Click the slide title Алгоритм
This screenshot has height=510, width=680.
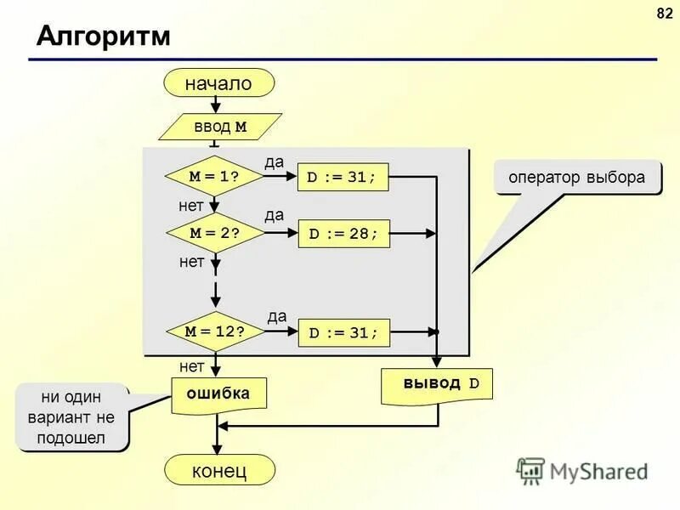click(104, 37)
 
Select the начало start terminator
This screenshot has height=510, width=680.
click(220, 83)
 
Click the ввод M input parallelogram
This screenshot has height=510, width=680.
click(220, 127)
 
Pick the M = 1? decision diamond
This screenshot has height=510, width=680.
click(214, 177)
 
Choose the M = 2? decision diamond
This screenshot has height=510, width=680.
click(214, 233)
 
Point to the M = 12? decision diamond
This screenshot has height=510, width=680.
click(214, 332)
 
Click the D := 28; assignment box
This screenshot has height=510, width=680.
click(343, 233)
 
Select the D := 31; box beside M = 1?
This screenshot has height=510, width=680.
click(342, 177)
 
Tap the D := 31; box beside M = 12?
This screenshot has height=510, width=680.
click(343, 332)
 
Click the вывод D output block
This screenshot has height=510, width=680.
click(437, 383)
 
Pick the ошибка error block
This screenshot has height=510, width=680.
click(218, 394)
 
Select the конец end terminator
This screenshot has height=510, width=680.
click(219, 470)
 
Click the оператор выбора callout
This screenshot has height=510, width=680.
click(577, 178)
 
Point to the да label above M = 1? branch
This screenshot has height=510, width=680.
click(274, 161)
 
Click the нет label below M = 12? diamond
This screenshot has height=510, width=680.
click(191, 366)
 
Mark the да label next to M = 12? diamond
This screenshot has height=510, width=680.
click(277, 316)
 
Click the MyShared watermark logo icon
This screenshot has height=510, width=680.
click(530, 471)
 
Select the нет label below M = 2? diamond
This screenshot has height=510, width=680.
click(191, 262)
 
